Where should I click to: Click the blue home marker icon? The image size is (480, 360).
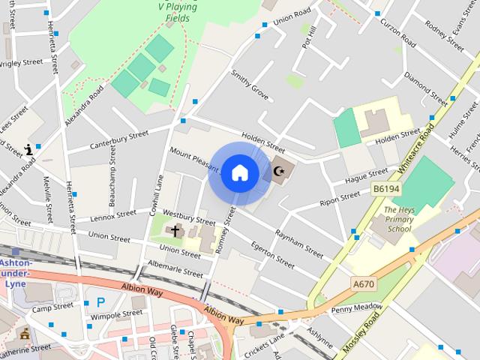(x=239, y=172)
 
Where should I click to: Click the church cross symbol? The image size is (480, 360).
(x=175, y=231)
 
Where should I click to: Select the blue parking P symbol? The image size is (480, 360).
(x=100, y=303)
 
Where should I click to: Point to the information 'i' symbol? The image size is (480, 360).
(x=29, y=149)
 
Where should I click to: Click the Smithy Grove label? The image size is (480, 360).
(x=250, y=85)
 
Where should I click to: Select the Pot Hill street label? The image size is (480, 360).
(x=307, y=37)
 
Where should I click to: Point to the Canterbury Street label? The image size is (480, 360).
(x=119, y=139)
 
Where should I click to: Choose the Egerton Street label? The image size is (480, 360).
(x=273, y=254)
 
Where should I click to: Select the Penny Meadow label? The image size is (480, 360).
(x=356, y=308)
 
